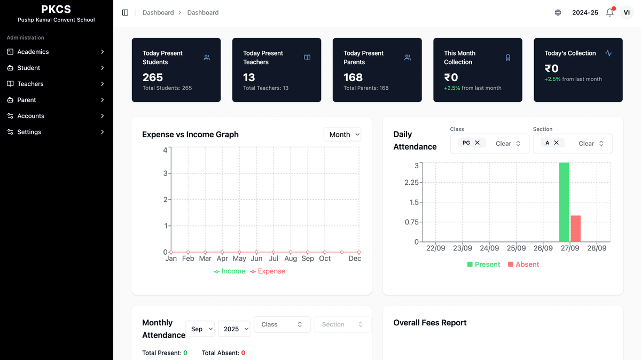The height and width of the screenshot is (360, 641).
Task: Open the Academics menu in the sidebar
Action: pyautogui.click(x=33, y=52)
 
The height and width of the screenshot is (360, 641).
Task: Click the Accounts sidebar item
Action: pyautogui.click(x=31, y=116)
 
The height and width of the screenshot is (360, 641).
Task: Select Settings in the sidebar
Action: pyautogui.click(x=29, y=132)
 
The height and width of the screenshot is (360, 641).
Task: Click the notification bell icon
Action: pyautogui.click(x=609, y=12)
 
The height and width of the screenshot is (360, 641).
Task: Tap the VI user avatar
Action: pyautogui.click(x=627, y=12)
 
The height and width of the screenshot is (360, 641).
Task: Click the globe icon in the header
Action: pyautogui.click(x=558, y=12)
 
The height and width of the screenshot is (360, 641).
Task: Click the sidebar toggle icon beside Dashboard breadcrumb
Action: pyautogui.click(x=125, y=12)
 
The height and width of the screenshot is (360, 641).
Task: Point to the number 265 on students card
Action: pyautogui.click(x=153, y=77)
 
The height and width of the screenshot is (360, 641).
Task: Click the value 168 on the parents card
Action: pyautogui.click(x=353, y=77)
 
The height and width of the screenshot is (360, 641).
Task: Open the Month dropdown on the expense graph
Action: pyautogui.click(x=342, y=135)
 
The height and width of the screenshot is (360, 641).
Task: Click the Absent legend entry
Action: pyautogui.click(x=523, y=264)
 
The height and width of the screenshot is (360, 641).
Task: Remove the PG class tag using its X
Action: pyautogui.click(x=477, y=143)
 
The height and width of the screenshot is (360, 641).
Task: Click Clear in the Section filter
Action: pyautogui.click(x=586, y=143)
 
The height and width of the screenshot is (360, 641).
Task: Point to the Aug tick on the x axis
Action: pyautogui.click(x=291, y=259)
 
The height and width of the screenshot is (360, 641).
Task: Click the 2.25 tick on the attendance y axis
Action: pyautogui.click(x=411, y=183)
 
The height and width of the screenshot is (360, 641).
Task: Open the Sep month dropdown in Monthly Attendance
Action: pyautogui.click(x=200, y=329)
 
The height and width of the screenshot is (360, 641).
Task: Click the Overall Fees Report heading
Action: pyautogui.click(x=430, y=323)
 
